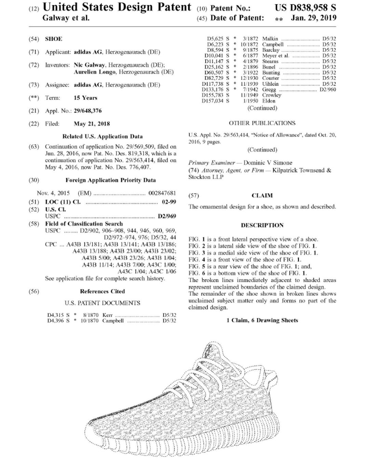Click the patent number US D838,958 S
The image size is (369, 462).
click(305, 8)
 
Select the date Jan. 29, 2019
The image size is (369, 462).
click(313, 18)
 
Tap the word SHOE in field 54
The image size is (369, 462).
click(54, 39)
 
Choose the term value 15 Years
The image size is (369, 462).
click(85, 98)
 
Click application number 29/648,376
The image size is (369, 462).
click(87, 111)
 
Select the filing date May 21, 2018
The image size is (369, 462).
click(92, 124)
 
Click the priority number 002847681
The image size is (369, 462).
click(162, 193)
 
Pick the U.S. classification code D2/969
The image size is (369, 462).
click(167, 216)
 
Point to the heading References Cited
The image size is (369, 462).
click(102, 292)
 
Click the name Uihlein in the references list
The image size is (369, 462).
click(270, 84)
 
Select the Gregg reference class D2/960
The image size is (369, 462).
click(328, 90)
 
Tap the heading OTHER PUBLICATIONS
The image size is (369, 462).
click(262, 123)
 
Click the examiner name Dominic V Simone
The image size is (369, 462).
click(268, 163)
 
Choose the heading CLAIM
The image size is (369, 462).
click(262, 196)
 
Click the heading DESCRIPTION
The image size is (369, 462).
click(262, 226)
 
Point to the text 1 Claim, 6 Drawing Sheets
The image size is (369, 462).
click(262, 321)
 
